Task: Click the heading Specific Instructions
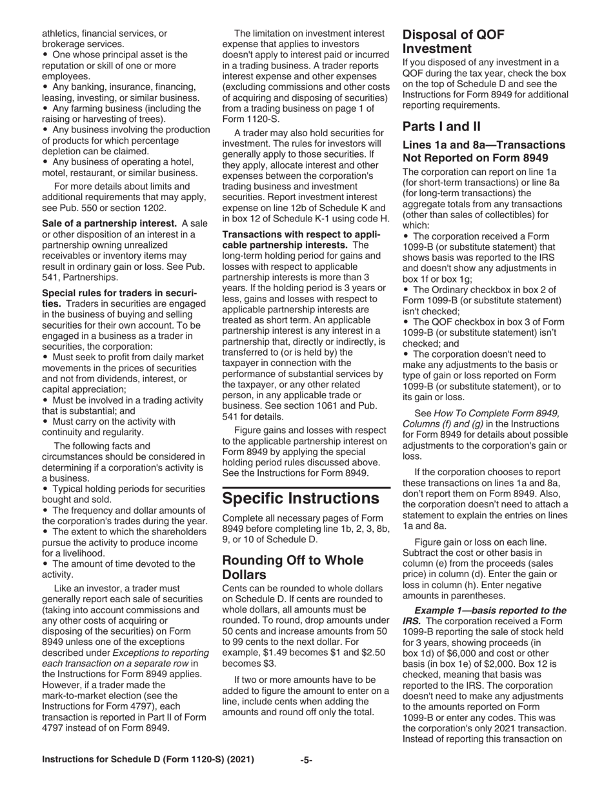(301, 498)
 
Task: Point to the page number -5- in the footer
(306, 760)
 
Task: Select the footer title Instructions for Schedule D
(148, 760)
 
